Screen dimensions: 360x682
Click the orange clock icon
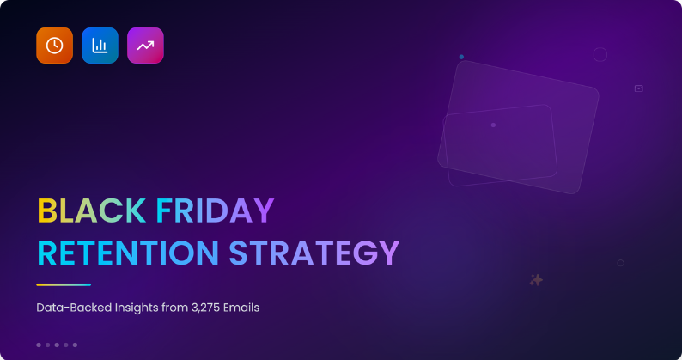coord(54,46)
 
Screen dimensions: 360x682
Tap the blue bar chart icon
coord(100,46)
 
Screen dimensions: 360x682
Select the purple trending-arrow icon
coord(145,46)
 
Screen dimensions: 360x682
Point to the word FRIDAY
coord(215,211)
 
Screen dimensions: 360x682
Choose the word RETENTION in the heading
coord(127,253)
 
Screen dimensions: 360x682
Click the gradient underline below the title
coord(64,284)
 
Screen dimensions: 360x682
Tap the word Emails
coord(242,308)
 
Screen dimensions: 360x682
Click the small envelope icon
coord(638,88)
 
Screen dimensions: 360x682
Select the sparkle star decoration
coord(537,279)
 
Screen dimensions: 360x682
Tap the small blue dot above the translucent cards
coord(461,57)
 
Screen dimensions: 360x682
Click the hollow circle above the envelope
coord(600,55)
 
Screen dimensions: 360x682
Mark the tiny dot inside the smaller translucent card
coord(493,125)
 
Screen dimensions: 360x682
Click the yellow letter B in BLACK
coord(46,211)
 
